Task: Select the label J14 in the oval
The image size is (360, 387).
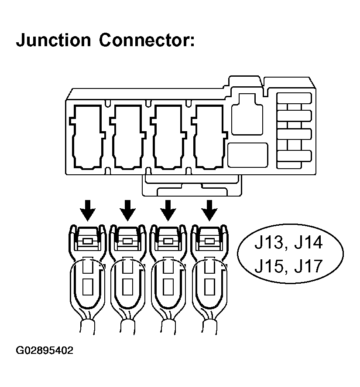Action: tap(309, 242)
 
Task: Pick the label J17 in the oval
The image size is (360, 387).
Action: tap(309, 265)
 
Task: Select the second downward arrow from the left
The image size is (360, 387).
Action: tap(128, 210)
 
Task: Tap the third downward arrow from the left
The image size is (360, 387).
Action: tap(168, 210)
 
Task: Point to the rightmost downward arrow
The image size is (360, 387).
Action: tap(209, 210)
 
